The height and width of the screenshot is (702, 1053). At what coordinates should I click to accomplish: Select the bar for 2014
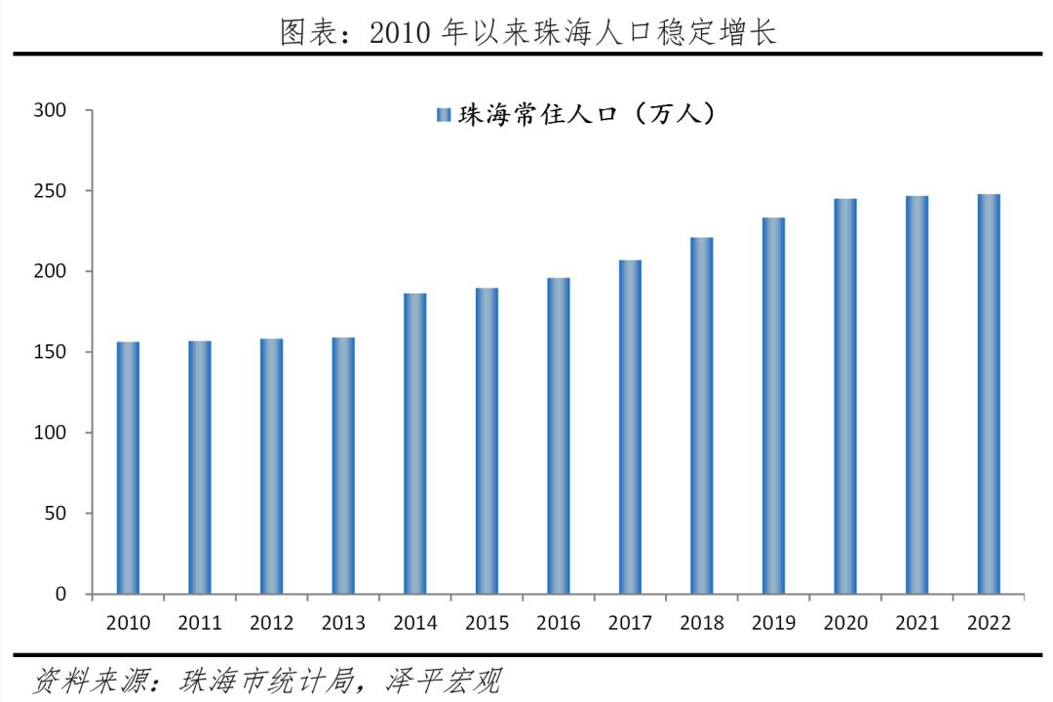414,444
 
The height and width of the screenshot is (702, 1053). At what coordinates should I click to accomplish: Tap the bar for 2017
630,427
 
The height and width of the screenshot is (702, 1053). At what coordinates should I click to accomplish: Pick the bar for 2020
845,396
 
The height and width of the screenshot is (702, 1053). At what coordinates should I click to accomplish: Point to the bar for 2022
989,394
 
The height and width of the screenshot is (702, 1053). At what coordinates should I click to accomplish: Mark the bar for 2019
773,406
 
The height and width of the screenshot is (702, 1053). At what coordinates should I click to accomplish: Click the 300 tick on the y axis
50,110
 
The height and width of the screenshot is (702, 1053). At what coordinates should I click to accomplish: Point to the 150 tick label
50,352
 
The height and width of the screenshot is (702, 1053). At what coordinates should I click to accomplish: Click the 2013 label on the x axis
342,623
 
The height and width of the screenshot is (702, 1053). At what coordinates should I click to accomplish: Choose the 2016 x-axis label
558,623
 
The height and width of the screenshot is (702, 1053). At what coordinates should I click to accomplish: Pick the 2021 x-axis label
916,623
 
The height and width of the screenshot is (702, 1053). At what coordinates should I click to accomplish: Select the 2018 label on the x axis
701,623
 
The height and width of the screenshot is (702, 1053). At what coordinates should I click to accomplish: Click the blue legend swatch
443,115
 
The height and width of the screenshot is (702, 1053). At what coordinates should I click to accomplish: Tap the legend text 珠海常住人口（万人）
589,114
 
